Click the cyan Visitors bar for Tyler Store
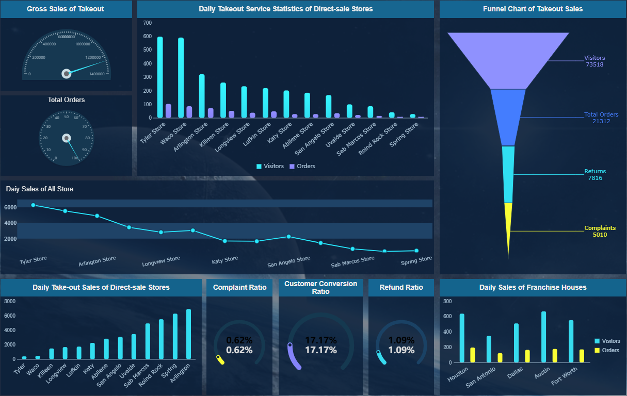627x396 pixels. click(160, 77)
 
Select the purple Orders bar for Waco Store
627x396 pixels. click(189, 112)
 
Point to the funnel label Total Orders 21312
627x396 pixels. click(601, 118)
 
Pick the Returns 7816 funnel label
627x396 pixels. click(595, 175)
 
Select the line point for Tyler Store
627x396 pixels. click(33, 205)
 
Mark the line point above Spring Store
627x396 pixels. click(416, 251)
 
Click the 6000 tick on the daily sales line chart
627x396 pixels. click(10, 207)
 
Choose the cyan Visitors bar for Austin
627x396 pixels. click(543, 337)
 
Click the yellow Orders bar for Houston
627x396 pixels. click(472, 355)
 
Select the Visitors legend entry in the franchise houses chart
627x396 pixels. click(607, 341)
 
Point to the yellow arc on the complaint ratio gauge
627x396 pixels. click(220, 360)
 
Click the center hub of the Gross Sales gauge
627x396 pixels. click(66, 74)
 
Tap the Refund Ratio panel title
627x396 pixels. click(401, 287)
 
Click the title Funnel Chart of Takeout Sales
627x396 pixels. click(533, 9)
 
